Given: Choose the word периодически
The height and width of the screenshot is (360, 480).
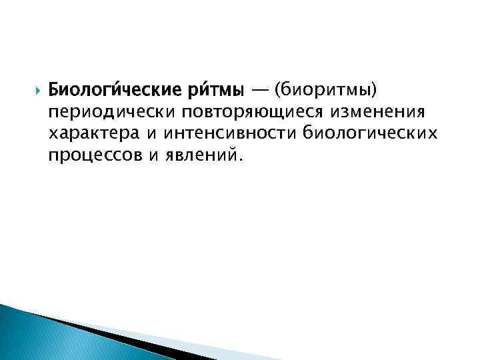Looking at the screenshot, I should pos(99,111).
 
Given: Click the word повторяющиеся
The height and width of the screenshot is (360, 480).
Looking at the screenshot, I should pos(230,111).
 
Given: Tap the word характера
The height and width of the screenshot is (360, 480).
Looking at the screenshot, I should pos(93,134).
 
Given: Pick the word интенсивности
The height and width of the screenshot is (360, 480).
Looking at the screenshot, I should pos(231,134).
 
